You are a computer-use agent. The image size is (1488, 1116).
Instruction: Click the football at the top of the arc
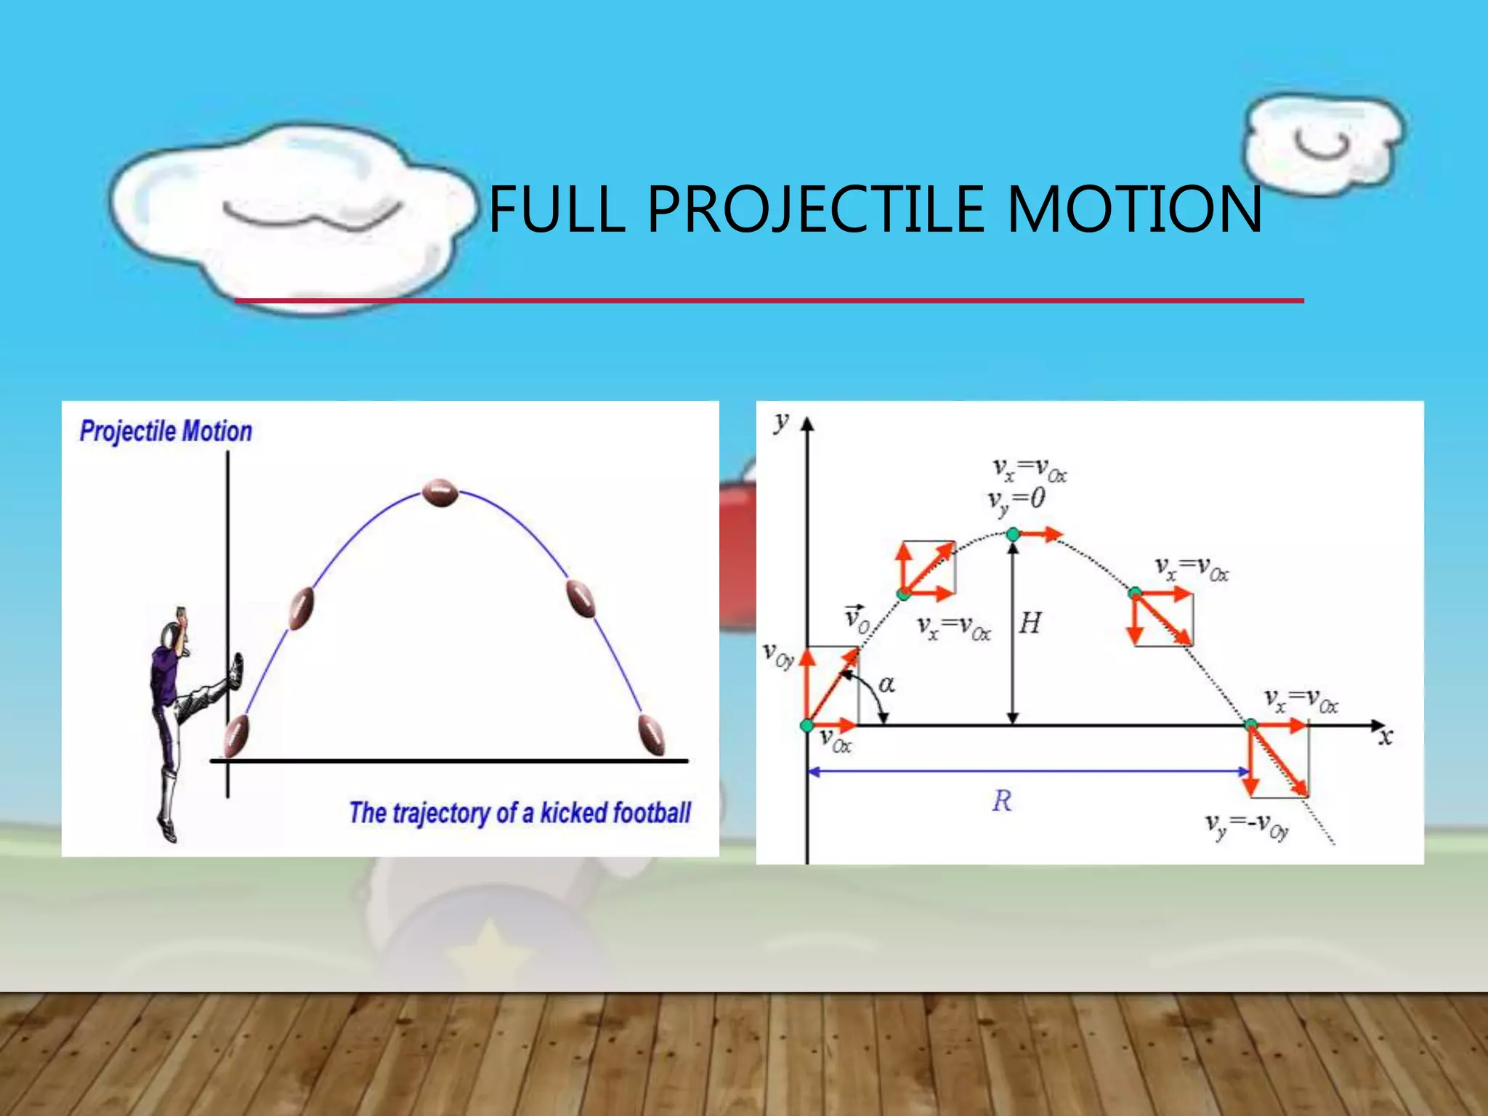(x=440, y=493)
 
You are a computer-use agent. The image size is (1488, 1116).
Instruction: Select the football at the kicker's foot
(x=236, y=735)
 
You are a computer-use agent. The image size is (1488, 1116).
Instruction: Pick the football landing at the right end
(x=652, y=735)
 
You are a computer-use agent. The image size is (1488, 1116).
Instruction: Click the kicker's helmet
(x=171, y=636)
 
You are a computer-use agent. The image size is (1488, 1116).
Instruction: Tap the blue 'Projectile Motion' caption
(x=166, y=432)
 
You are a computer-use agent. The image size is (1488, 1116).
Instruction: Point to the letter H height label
(x=1030, y=623)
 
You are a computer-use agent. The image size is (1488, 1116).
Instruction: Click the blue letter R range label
(x=1001, y=801)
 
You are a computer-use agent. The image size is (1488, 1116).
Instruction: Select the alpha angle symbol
(x=887, y=684)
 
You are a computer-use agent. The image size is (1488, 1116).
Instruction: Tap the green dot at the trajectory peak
(x=1013, y=535)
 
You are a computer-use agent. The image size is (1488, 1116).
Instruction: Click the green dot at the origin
(x=806, y=725)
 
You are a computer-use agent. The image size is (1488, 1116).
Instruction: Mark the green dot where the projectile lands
(x=1250, y=724)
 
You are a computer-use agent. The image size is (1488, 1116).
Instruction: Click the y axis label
(x=781, y=421)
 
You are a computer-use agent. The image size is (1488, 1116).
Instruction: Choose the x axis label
(x=1386, y=737)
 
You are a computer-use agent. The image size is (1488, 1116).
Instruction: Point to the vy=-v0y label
(x=1247, y=825)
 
